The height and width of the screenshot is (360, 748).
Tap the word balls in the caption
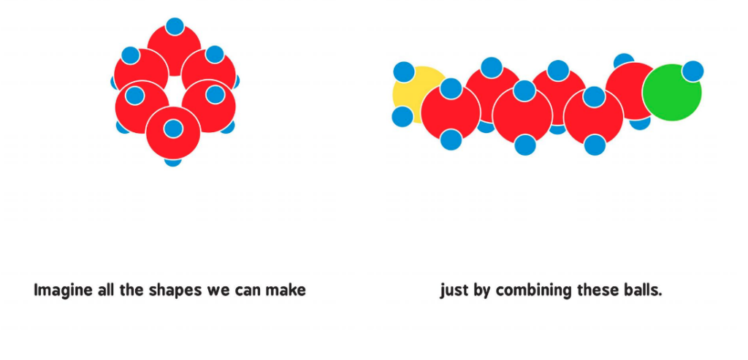click(x=642, y=291)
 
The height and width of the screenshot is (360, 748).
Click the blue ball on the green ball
click(x=692, y=72)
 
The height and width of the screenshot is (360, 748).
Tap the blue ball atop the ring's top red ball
click(x=175, y=26)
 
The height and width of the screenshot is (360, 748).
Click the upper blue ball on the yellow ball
click(x=404, y=72)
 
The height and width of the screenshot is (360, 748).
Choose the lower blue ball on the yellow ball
click(x=402, y=116)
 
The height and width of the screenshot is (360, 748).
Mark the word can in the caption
click(x=248, y=291)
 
